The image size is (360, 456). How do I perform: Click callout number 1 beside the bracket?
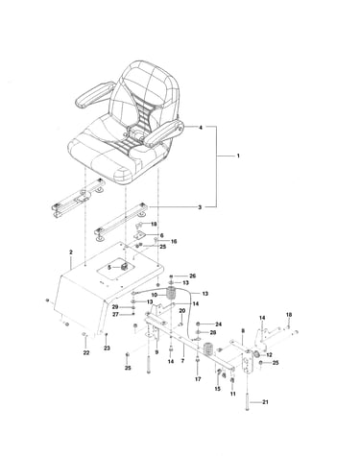coord(238,156)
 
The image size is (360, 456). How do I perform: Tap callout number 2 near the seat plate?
coord(71,252)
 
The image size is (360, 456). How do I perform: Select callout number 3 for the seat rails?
coord(200,207)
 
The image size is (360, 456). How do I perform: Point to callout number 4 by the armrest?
coord(201,128)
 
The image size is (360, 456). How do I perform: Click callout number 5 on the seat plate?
coord(108,267)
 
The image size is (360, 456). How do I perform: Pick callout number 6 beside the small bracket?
coord(162,235)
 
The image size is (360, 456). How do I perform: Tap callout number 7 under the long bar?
coord(182,361)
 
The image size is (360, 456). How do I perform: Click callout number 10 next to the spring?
coord(155,295)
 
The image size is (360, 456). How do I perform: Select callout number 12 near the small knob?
coord(269,355)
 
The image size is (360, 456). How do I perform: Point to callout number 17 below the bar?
coord(198,379)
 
